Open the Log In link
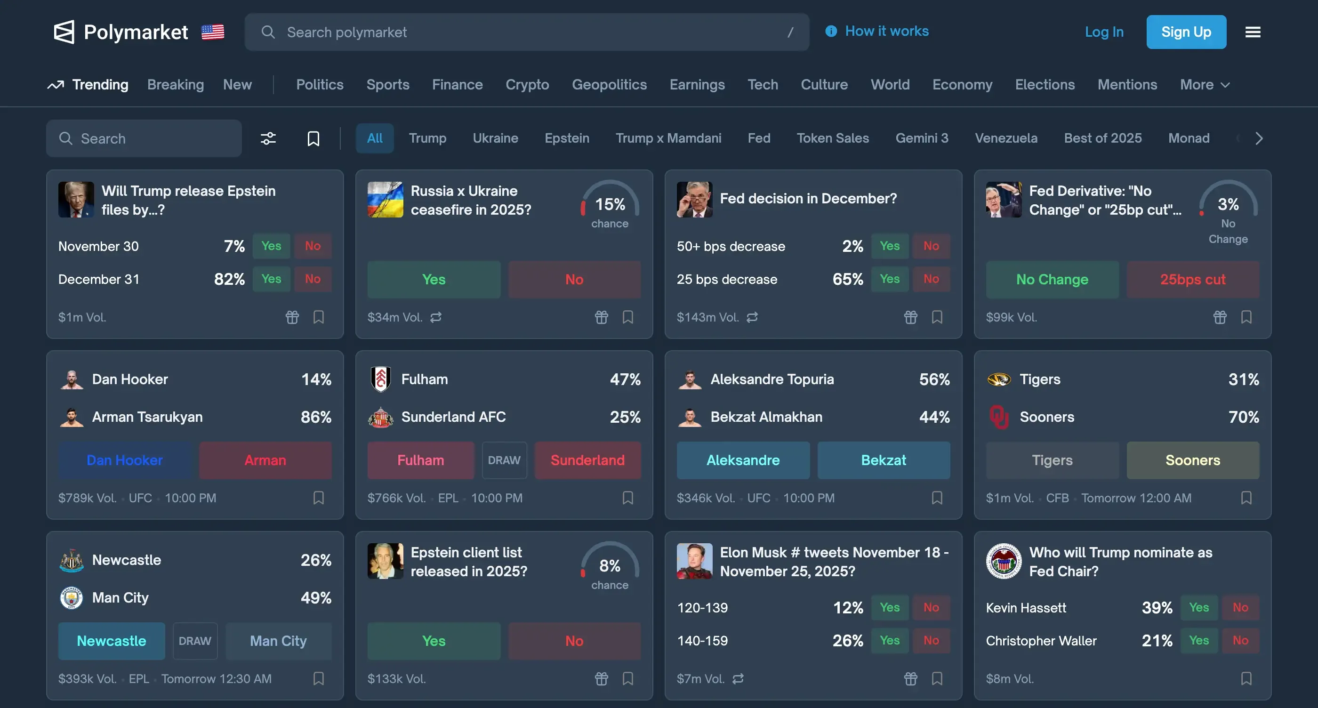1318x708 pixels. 1104,32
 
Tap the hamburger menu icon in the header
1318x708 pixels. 1253,32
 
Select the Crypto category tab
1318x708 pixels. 527,84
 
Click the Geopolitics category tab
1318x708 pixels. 609,84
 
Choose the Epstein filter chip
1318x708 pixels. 566,138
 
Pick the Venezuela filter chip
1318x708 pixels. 1006,138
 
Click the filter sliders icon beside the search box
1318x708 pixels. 268,138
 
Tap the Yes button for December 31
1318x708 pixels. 271,279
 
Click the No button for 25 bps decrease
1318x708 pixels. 931,279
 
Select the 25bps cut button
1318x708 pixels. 1192,279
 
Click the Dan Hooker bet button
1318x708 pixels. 124,460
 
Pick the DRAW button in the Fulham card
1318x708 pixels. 504,460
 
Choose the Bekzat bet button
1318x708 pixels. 883,460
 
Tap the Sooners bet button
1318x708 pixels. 1192,460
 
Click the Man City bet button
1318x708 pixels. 278,641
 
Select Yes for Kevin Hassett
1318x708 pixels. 1199,607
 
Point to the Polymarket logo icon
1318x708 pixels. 64,32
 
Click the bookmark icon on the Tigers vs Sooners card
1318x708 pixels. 1246,498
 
